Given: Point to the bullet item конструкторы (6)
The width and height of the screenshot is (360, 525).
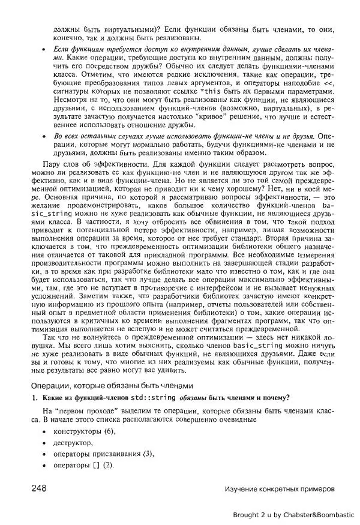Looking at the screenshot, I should [84, 432].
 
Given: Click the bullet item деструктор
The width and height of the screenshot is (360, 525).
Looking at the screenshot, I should [73, 443].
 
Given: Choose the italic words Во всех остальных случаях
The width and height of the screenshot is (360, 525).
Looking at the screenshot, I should [98, 137].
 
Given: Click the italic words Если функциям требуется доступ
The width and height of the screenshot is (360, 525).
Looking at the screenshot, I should [107, 48].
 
